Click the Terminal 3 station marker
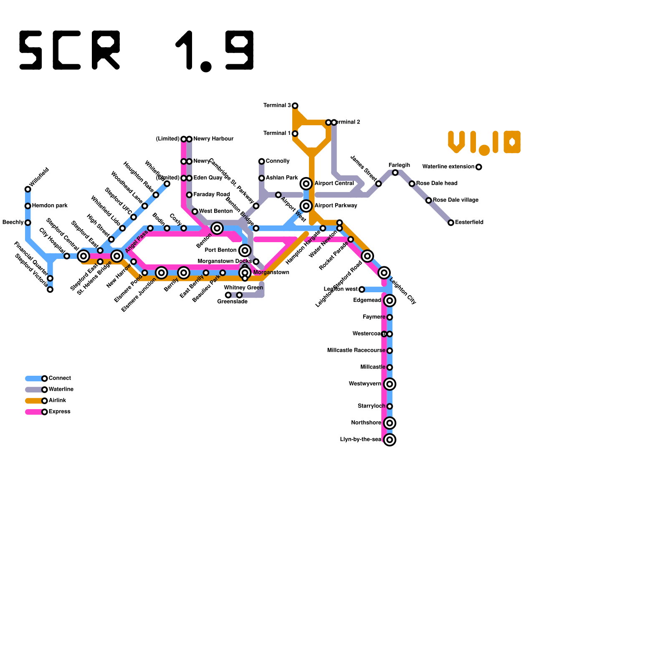pos(295,106)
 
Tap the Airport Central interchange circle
pos(306,183)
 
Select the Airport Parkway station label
pos(335,205)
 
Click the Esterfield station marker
pos(450,223)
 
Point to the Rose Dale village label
pos(455,200)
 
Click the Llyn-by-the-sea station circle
pos(390,440)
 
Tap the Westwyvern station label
pos(365,384)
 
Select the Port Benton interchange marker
pos(245,250)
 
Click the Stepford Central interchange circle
pos(83,256)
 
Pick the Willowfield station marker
pos(28,189)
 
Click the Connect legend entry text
pos(60,378)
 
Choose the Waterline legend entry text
pos(61,389)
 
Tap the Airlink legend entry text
pos(57,400)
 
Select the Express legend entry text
pos(59,412)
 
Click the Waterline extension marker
pos(478,167)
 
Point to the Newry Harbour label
pos(213,139)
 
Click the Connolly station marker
pos(261,161)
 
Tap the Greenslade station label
pos(232,301)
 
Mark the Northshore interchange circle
pos(390,423)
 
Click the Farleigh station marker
pos(395,172)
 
